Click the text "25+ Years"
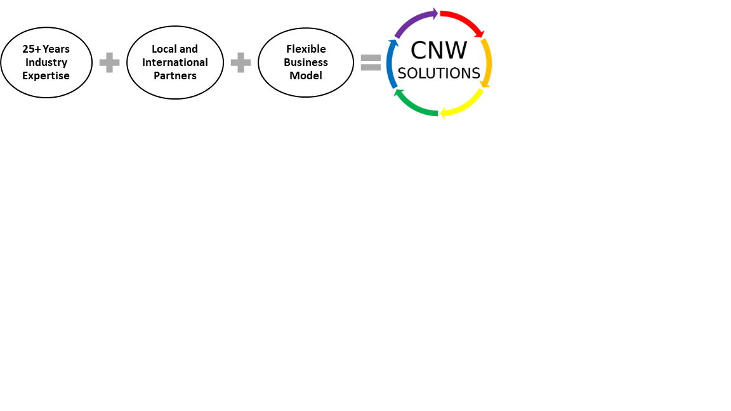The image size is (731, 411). (46, 49)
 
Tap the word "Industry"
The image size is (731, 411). (46, 62)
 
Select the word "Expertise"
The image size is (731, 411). (46, 75)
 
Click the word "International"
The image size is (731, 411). (175, 62)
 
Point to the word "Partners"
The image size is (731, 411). (175, 75)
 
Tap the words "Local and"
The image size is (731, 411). (175, 49)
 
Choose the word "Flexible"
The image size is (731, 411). (306, 49)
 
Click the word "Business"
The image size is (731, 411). (306, 62)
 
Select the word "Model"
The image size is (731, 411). (306, 75)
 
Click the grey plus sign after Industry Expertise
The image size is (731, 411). (109, 63)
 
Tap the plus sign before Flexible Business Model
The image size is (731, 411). (240, 63)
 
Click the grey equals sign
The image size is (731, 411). (371, 62)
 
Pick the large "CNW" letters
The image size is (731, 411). (438, 50)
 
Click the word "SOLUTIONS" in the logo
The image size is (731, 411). (438, 74)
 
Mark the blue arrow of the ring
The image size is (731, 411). (392, 63)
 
